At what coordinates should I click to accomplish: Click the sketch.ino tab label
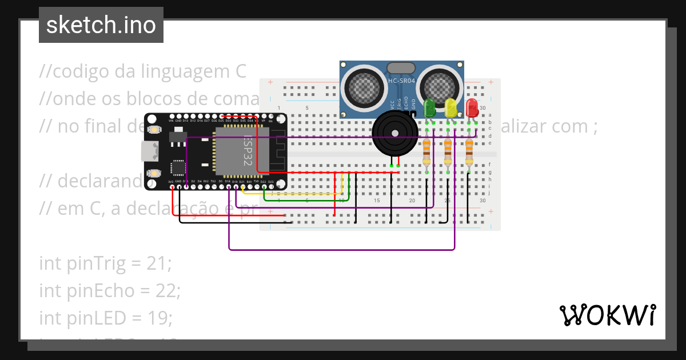[x=101, y=26]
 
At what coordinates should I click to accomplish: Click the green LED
[x=429, y=107]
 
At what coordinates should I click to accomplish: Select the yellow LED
[x=451, y=107]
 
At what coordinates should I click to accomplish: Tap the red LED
[x=472, y=107]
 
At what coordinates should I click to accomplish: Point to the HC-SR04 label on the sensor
[x=401, y=81]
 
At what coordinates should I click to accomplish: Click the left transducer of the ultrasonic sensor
[x=362, y=86]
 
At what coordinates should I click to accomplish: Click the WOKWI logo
[x=607, y=315]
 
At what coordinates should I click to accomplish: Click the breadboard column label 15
[x=377, y=201]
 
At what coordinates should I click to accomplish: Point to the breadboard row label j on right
[x=490, y=193]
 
